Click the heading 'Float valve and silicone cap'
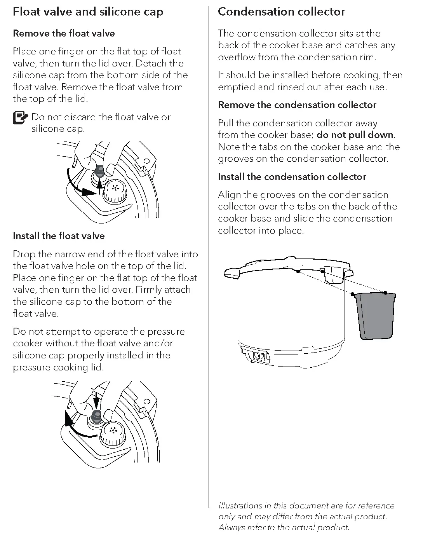click(88, 12)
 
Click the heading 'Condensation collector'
click(281, 12)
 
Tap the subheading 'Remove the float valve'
click(64, 33)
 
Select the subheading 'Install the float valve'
click(59, 236)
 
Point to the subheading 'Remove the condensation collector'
click(297, 105)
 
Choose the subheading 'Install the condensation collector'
click(292, 177)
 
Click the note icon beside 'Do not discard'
click(20, 117)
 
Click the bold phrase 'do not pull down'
click(355, 135)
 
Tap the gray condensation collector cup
click(375, 316)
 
